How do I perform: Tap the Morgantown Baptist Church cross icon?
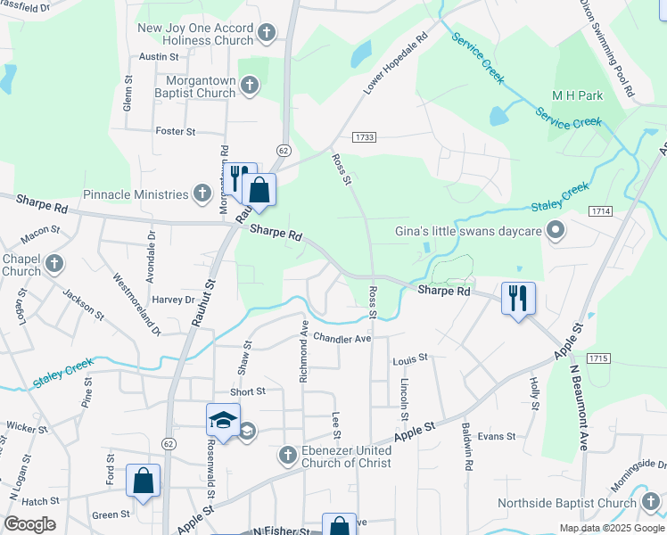pos(250,86)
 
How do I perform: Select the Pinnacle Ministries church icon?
pos(202,194)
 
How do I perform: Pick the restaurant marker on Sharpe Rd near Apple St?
pos(518,297)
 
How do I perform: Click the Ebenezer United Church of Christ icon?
pos(287,456)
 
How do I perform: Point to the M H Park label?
pos(577,95)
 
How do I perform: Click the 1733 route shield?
pos(364,137)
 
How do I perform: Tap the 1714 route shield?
pos(600,210)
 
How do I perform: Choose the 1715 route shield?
pos(598,358)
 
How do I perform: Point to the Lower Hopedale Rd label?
pos(396,64)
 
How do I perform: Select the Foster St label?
pos(176,131)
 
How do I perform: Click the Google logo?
pos(29,524)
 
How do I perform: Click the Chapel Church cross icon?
pos(55,264)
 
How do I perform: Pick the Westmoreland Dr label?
pos(136,302)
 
